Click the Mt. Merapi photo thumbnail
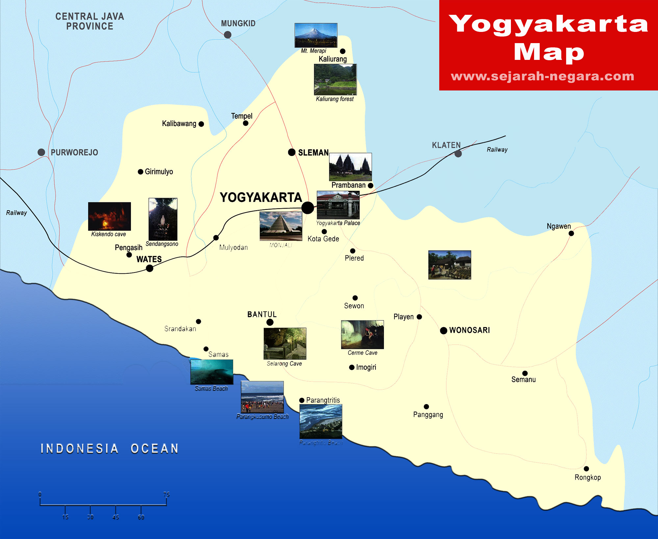[x=316, y=35]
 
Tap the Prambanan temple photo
[x=350, y=167]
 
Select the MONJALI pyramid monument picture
[x=281, y=226]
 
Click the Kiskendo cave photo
[x=109, y=216]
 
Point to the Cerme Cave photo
[x=362, y=334]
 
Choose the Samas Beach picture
[x=212, y=372]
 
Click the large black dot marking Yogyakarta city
[x=308, y=208]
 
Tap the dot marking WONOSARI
[x=443, y=330]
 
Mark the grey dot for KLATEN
[x=458, y=154]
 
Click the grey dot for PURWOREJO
[x=41, y=152]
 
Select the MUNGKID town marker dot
[x=227, y=35]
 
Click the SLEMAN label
[x=313, y=153]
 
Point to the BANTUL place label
[x=262, y=315]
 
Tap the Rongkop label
[x=588, y=477]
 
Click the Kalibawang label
[x=179, y=124]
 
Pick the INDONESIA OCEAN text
[x=109, y=449]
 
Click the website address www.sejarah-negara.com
[x=543, y=76]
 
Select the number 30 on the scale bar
[x=90, y=517]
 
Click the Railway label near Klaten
[x=497, y=150]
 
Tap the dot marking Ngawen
[x=571, y=233]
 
